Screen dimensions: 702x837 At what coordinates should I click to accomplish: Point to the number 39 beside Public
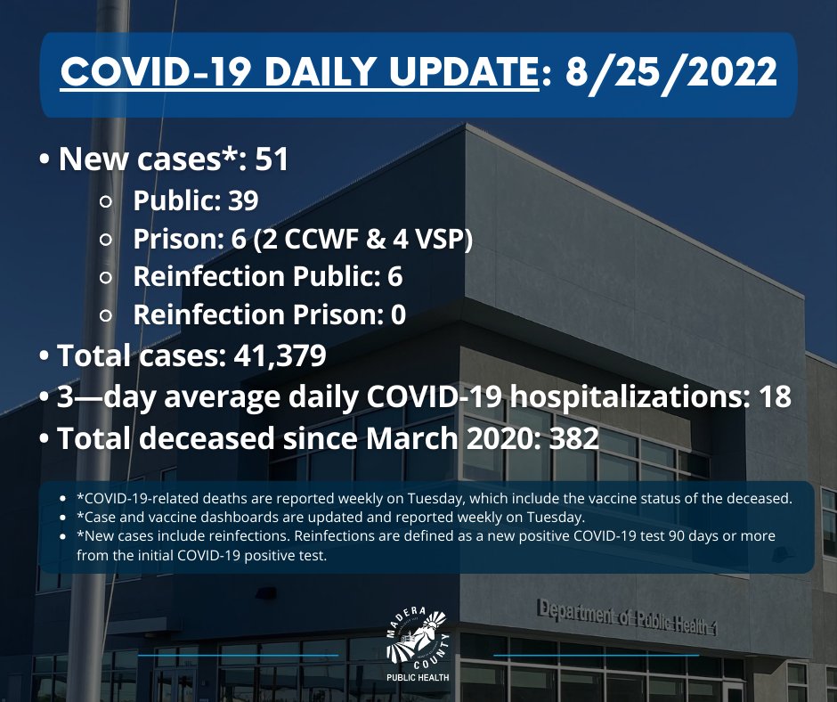coord(240,200)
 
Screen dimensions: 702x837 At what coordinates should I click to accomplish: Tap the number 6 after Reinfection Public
coord(394,276)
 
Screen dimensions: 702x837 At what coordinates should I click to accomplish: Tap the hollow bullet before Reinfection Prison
coord(107,315)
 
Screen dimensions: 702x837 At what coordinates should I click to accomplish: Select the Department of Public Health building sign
coord(627,617)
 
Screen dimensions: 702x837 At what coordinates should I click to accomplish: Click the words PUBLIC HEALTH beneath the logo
coord(418,677)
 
